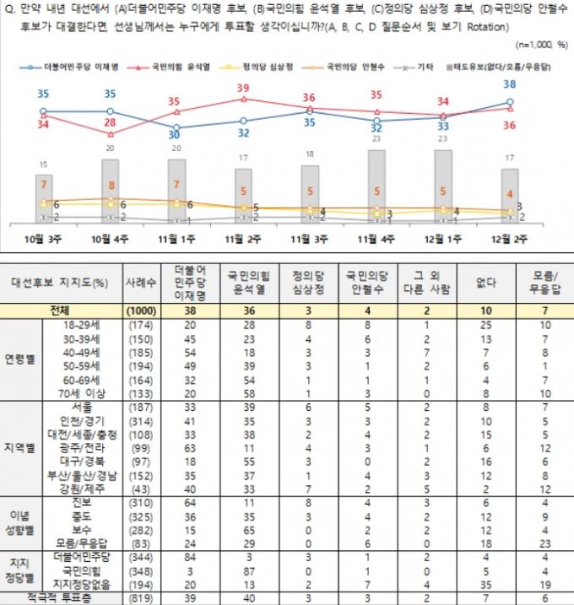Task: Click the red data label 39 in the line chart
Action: [x=243, y=88]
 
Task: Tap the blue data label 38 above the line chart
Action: [x=509, y=84]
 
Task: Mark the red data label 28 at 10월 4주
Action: [x=110, y=123]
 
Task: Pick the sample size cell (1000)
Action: [x=139, y=311]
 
